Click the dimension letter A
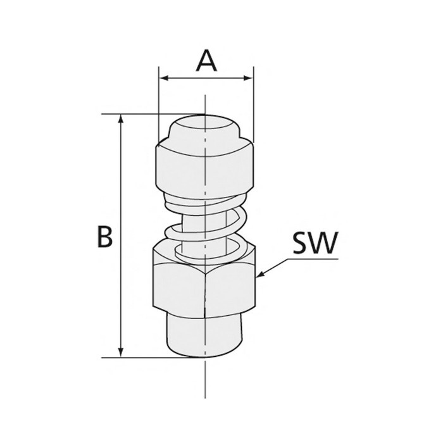click(206, 61)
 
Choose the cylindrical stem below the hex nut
click(205, 335)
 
